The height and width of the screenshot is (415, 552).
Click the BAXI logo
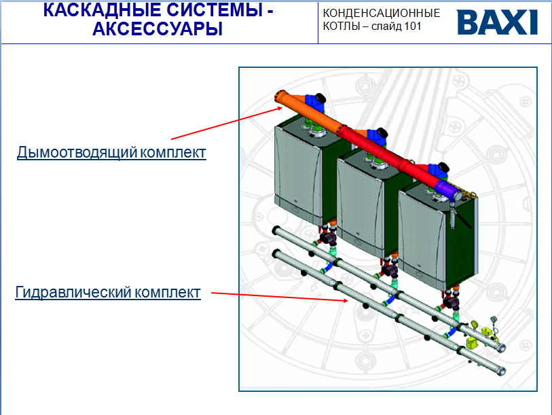tap(498, 22)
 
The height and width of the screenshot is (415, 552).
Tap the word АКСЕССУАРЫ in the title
tap(158, 29)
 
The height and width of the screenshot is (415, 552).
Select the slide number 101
tap(413, 26)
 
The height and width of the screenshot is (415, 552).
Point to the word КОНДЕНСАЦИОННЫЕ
tap(382, 14)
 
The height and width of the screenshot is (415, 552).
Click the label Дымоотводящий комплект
tap(111, 153)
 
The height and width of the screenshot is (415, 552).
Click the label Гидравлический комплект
tap(108, 293)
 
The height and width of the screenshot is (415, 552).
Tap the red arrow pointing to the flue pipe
tap(227, 124)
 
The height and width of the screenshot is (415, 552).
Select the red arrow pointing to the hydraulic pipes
tap(280, 297)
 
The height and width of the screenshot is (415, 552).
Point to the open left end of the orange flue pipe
tap(281, 96)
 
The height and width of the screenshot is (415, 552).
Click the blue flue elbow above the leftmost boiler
tap(315, 102)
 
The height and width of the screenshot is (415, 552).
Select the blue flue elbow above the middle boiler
tap(378, 137)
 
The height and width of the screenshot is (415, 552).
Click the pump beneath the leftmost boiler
tap(328, 237)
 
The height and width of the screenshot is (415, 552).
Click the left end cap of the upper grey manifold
tap(277, 230)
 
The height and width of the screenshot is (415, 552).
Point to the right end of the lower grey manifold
tap(501, 372)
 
